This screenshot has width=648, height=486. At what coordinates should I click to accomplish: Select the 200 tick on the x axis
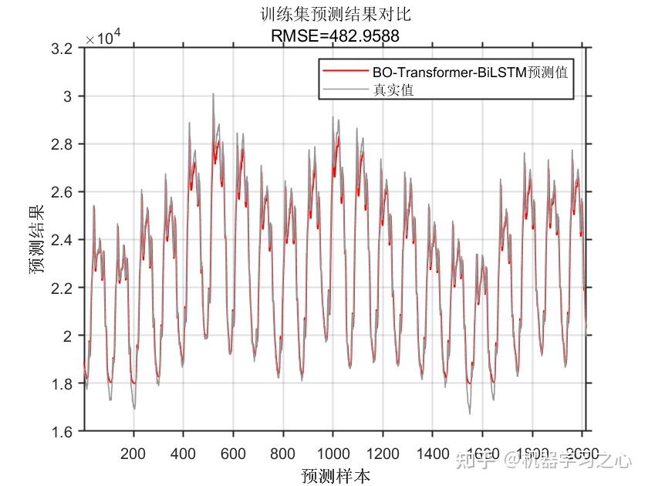[x=133, y=453]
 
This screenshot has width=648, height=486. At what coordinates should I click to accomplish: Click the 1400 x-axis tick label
[x=432, y=453]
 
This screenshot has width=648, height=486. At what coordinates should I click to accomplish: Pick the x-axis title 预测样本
[x=336, y=474]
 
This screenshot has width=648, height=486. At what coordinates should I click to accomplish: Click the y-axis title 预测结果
[x=36, y=240]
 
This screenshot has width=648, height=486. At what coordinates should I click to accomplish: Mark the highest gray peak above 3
[x=212, y=94]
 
